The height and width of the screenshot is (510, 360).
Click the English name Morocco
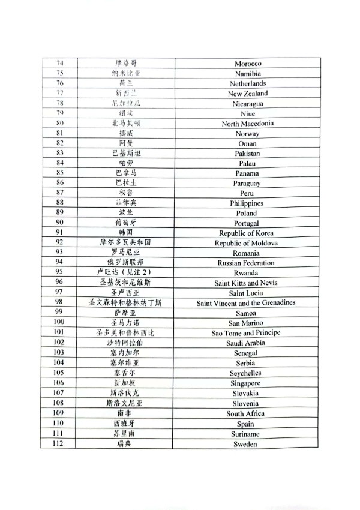click(x=246, y=64)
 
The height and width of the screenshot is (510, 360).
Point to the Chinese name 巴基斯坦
click(x=125, y=154)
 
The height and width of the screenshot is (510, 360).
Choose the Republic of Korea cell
click(x=246, y=233)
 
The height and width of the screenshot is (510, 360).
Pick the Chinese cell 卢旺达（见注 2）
click(x=125, y=273)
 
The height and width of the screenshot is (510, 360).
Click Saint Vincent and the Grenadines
click(x=246, y=303)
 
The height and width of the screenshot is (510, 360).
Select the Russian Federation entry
click(x=246, y=263)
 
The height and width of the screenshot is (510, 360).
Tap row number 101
click(x=59, y=333)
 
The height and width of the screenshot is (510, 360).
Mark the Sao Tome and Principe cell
click(x=246, y=333)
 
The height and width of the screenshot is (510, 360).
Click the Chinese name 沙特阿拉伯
click(x=125, y=343)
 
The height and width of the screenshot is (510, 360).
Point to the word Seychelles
click(x=246, y=373)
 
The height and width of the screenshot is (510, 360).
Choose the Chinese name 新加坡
click(x=125, y=383)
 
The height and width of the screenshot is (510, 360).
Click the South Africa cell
click(x=246, y=414)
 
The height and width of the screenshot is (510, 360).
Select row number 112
click(x=58, y=444)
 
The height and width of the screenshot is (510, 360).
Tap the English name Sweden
click(x=246, y=444)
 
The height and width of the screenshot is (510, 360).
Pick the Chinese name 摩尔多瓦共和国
click(x=125, y=243)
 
